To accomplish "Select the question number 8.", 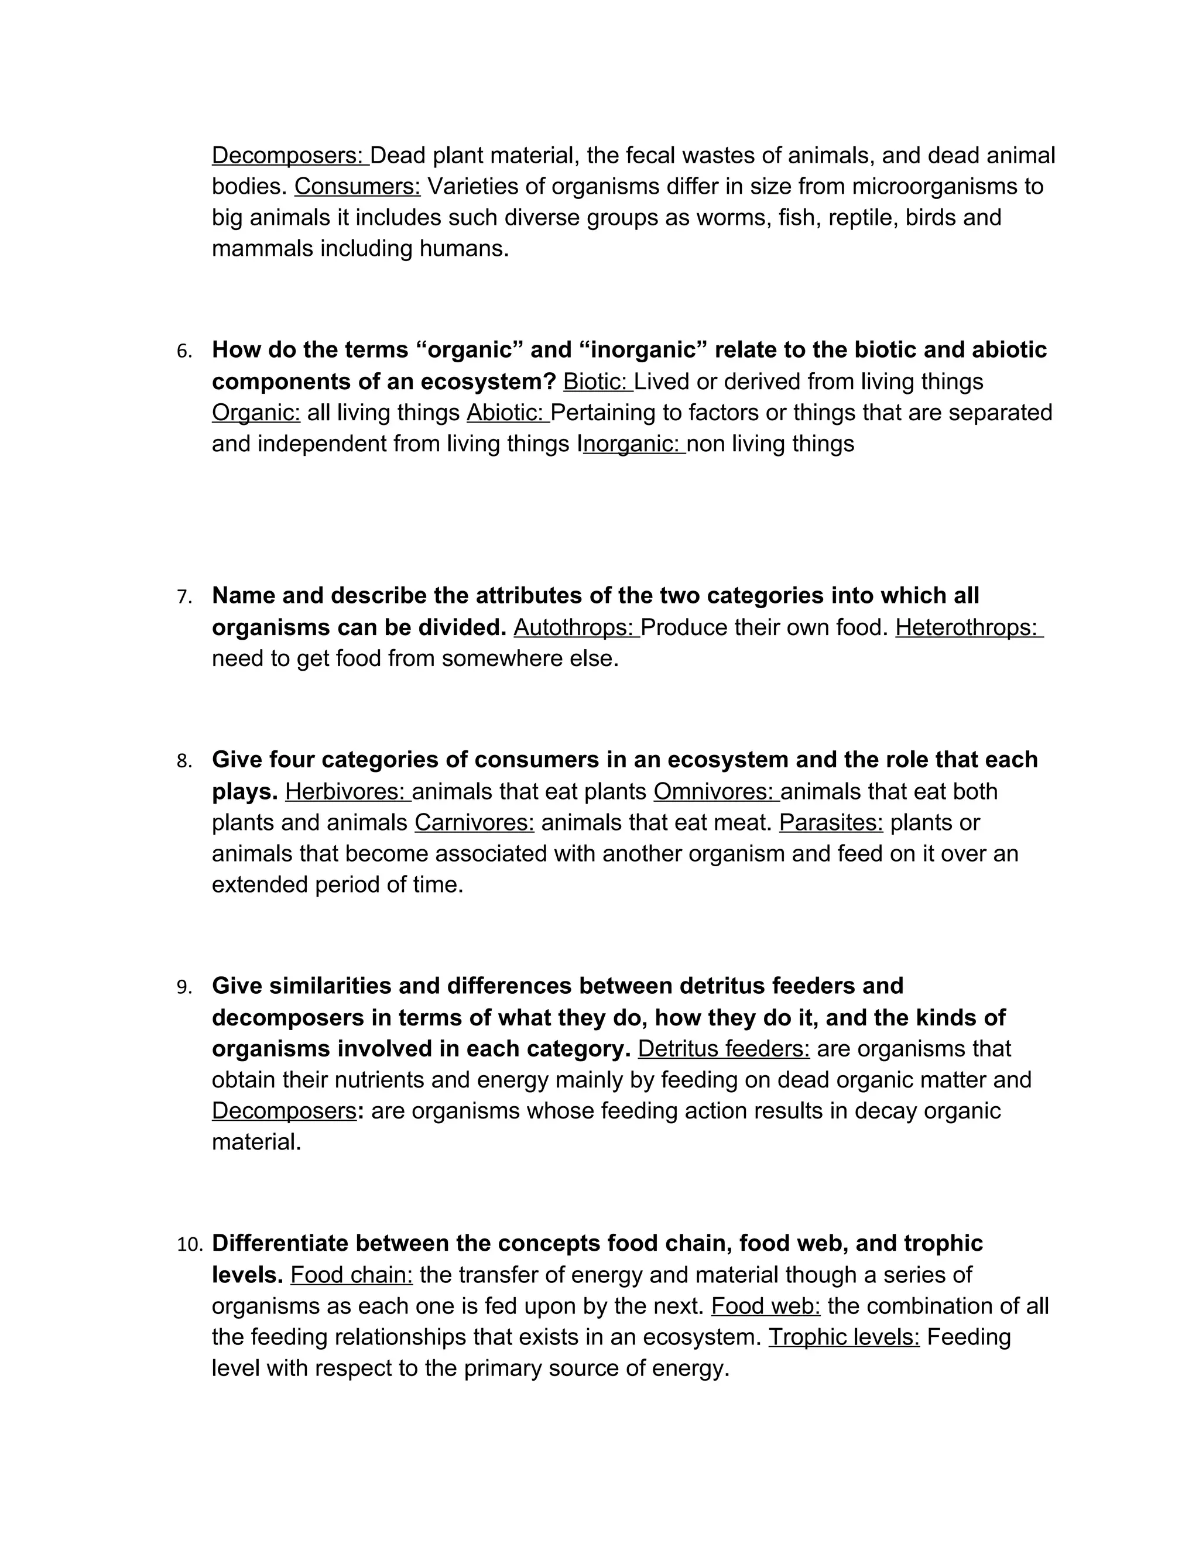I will point(184,761).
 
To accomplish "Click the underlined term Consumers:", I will point(357,187).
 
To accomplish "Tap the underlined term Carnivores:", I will point(474,823).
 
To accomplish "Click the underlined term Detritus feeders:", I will point(724,1049).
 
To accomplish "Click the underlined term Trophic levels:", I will point(844,1337).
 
